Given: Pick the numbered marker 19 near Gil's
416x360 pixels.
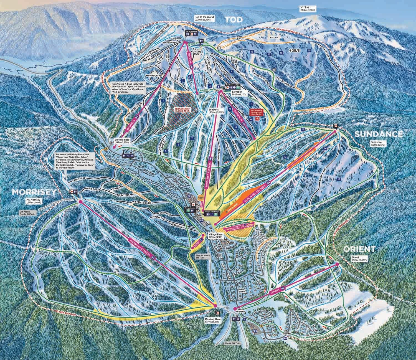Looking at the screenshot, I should [x=309, y=50].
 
